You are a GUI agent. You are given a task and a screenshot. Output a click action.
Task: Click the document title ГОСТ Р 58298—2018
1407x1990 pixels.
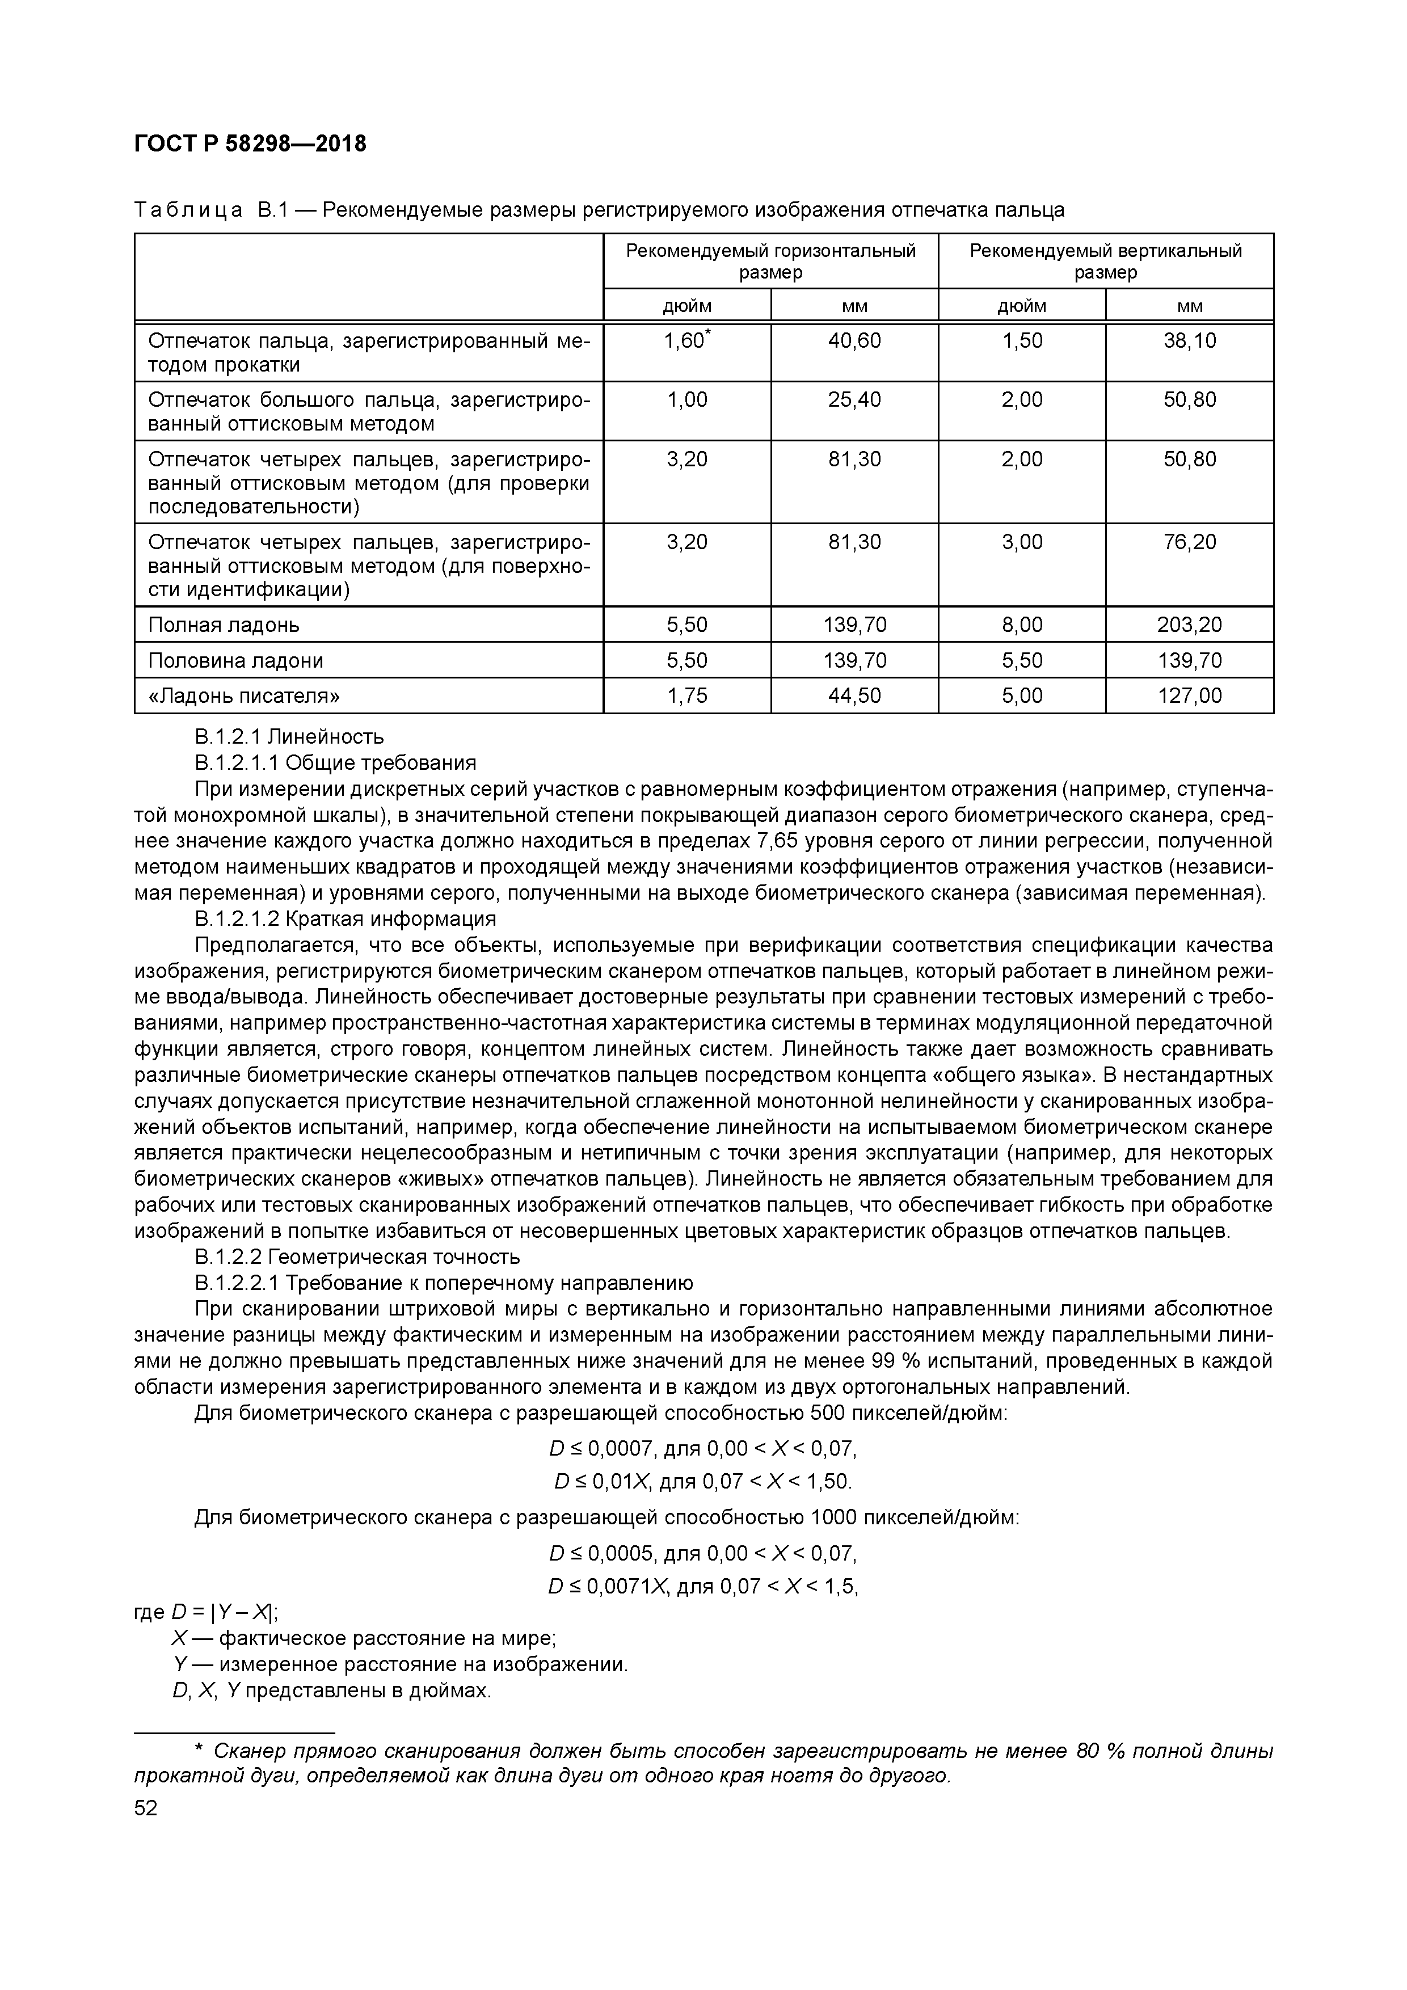[x=251, y=144]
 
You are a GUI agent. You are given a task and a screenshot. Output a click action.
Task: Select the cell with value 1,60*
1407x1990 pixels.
[x=686, y=340]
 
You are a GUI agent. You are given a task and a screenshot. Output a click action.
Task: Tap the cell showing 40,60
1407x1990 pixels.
[x=854, y=340]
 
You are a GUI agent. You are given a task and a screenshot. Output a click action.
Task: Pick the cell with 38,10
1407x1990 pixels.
[x=1189, y=340]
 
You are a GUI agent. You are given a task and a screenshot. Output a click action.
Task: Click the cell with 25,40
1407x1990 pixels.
[x=854, y=399]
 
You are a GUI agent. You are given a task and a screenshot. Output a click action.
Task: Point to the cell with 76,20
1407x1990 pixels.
[x=1189, y=542]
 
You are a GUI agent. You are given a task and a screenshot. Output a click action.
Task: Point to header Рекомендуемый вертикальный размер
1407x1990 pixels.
[x=1105, y=261]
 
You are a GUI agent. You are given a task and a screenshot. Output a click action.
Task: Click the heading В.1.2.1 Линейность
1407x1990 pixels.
[x=289, y=737]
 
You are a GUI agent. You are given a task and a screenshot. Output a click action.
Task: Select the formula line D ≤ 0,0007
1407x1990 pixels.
[x=702, y=1449]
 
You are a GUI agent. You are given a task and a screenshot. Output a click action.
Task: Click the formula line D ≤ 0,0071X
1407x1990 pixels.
[x=702, y=1586]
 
